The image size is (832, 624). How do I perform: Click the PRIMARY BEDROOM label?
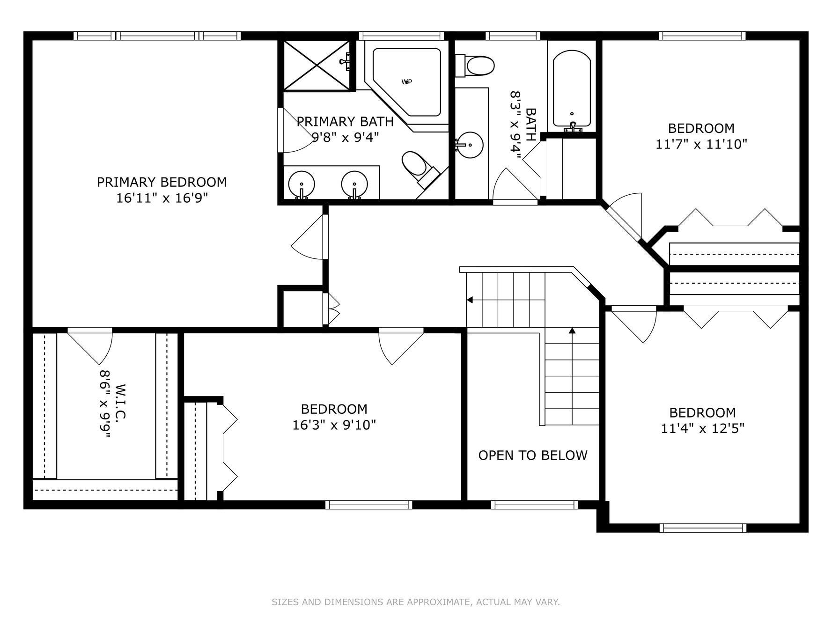pos(162,182)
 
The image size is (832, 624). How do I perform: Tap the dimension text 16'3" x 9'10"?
pos(334,425)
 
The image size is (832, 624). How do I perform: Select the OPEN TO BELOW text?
pos(532,455)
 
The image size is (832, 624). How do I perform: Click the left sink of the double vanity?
pos(301,184)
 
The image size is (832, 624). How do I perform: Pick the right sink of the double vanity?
pos(354,184)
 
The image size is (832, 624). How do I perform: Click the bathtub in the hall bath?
pos(571,89)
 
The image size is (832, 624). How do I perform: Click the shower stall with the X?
pos(317,66)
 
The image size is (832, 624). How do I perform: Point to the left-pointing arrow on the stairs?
pos(470,300)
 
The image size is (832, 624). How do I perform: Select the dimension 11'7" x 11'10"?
pos(701,144)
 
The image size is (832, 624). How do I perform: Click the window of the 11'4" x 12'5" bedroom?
pos(702,528)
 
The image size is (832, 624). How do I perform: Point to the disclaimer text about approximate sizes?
pos(415,602)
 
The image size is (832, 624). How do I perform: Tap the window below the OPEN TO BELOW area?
pos(534,505)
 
